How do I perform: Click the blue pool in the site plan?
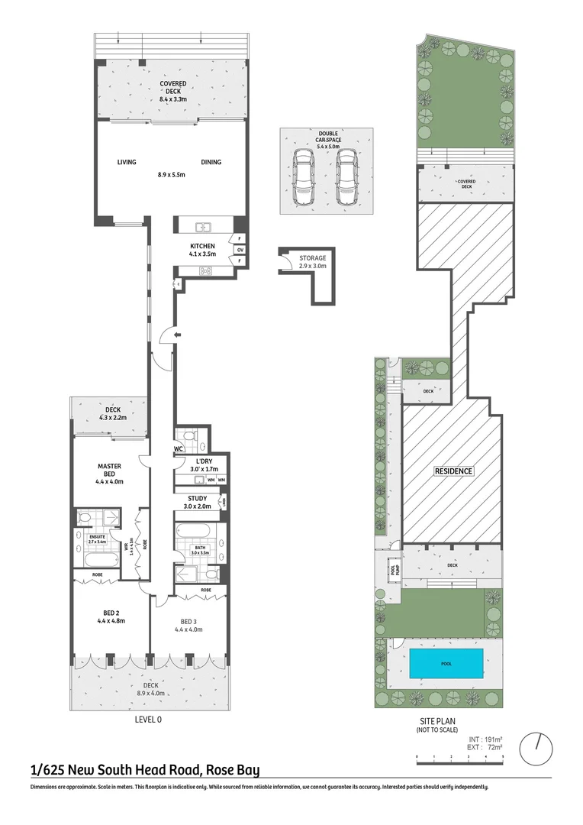click(446, 664)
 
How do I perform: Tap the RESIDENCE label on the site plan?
click(453, 471)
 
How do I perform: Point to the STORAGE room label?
click(312, 258)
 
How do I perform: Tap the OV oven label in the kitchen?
click(240, 250)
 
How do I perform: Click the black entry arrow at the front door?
click(177, 335)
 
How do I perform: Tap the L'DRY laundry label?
click(204, 461)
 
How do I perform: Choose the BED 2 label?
click(110, 613)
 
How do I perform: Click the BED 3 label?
click(188, 621)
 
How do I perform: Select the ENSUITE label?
click(96, 536)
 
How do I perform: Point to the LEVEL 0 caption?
click(148, 719)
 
